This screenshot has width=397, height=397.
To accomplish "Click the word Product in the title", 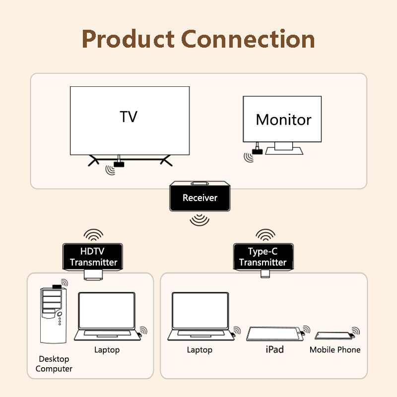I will pyautogui.click(x=128, y=39).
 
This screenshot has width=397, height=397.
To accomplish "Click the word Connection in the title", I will pyautogui.click(x=248, y=39).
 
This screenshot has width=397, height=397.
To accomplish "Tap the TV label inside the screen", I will pyautogui.click(x=129, y=117).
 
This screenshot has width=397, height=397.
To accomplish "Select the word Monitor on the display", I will pyautogui.click(x=283, y=120).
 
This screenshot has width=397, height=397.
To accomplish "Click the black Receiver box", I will pyautogui.click(x=200, y=198).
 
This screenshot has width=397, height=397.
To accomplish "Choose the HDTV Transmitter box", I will pyautogui.click(x=93, y=257).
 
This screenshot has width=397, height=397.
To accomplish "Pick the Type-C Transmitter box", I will pyautogui.click(x=263, y=257).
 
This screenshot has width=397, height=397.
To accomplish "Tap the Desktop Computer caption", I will pyautogui.click(x=54, y=364).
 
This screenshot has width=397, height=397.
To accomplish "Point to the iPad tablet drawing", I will pyautogui.click(x=273, y=333).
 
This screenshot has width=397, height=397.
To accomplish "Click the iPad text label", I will pyautogui.click(x=274, y=350).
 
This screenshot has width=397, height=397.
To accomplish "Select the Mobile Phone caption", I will pyautogui.click(x=335, y=350).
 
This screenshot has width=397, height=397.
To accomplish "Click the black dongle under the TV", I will pyautogui.click(x=119, y=163).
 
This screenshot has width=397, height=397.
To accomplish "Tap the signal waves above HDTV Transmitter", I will pyautogui.click(x=93, y=234).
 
